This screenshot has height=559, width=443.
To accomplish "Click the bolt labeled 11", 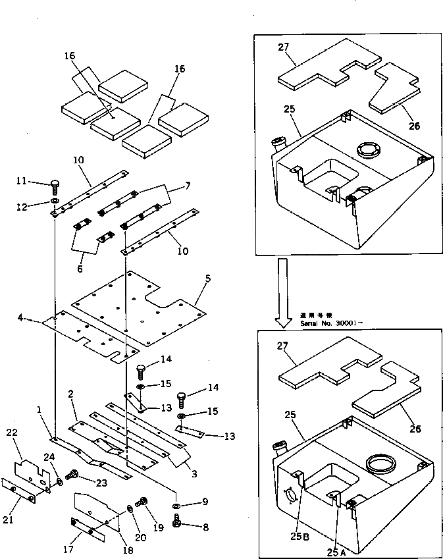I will (55, 186).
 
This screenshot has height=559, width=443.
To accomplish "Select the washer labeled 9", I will (177, 504).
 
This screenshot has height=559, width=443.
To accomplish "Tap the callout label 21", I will (7, 520).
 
